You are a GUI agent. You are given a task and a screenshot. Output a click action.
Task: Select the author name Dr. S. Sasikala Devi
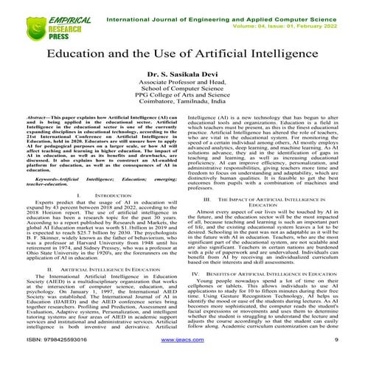click(x=182, y=74)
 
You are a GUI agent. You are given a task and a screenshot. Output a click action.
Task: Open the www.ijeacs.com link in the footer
click(x=182, y=358)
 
